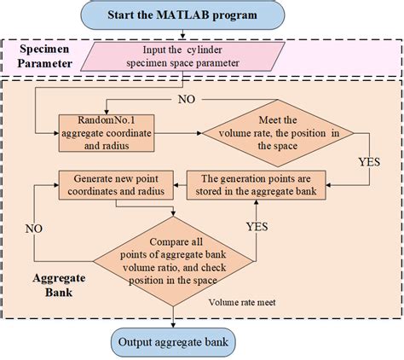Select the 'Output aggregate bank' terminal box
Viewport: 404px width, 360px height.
tap(174, 342)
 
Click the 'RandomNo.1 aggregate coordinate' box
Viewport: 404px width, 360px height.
tap(105, 132)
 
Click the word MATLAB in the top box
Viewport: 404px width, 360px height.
tap(196, 15)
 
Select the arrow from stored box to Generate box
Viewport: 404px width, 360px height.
tap(179, 180)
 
